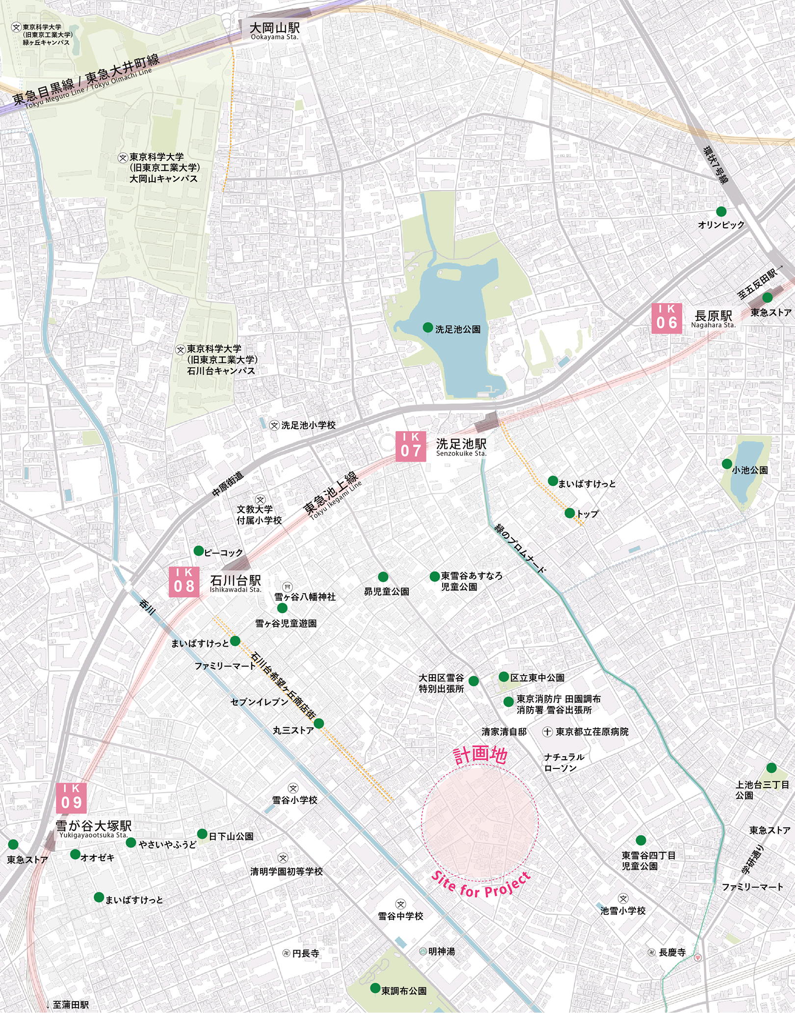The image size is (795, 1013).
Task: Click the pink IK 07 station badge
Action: click(x=411, y=446)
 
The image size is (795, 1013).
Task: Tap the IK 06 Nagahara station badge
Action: click(x=666, y=318)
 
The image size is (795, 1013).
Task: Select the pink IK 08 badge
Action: click(x=184, y=581)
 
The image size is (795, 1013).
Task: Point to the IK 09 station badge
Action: click(x=71, y=798)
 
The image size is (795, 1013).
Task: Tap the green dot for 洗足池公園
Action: click(x=428, y=328)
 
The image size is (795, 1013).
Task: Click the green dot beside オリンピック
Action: click(x=721, y=212)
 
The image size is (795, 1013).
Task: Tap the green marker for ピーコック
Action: click(x=199, y=551)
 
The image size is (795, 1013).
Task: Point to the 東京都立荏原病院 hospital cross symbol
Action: click(x=547, y=732)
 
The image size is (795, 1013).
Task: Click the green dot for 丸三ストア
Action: click(x=318, y=723)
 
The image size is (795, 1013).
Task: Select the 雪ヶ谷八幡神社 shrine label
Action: click(x=305, y=597)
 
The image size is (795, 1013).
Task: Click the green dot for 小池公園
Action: click(x=727, y=464)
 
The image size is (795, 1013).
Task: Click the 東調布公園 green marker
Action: click(x=375, y=988)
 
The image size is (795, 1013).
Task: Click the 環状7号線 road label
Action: click(x=715, y=164)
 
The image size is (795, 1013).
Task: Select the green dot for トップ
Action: click(x=569, y=513)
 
